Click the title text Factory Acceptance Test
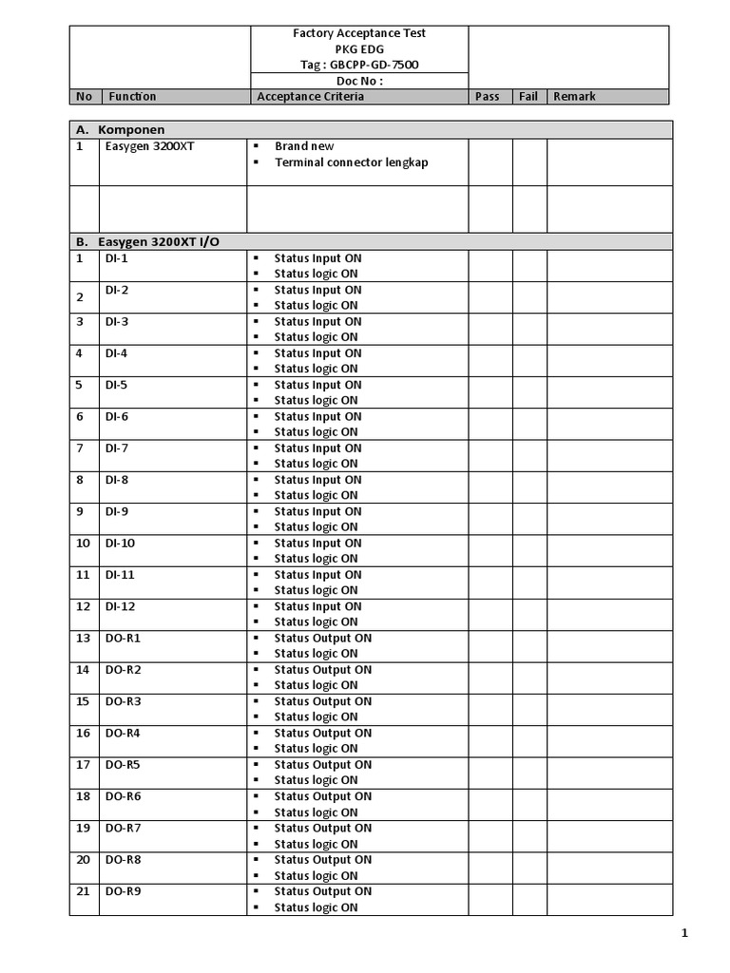(358, 33)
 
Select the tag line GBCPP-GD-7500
(358, 65)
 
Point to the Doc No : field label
(358, 81)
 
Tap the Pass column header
(487, 97)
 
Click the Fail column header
(528, 97)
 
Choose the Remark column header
(574, 97)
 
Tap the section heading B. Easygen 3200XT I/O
(147, 241)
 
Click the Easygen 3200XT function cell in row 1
(150, 146)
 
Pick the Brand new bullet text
(304, 146)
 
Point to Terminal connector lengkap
(351, 162)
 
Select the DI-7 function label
(117, 448)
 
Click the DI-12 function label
(120, 606)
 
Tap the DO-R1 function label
(123, 638)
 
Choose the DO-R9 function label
(123, 891)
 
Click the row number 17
(83, 765)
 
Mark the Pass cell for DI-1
(490, 265)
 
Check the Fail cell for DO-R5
(529, 773)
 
